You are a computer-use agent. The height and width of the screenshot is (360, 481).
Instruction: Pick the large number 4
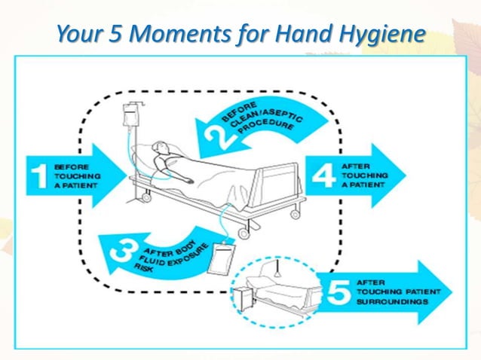(323, 175)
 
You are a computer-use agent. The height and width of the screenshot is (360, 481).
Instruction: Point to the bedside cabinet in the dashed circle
(245, 299)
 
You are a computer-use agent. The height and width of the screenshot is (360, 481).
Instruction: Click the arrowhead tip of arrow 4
(404, 175)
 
